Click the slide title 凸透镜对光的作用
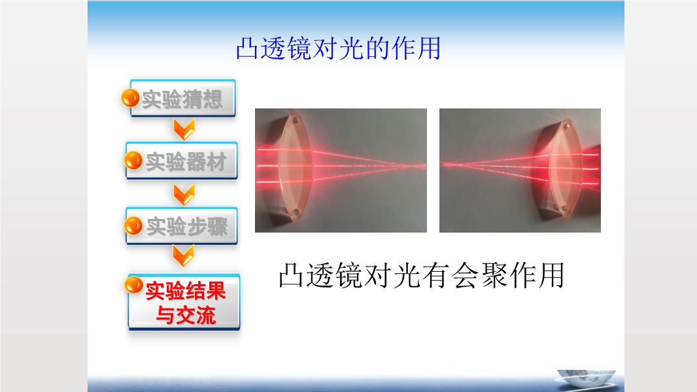338,48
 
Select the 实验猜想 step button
182,98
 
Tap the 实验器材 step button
182,161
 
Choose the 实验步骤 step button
182,226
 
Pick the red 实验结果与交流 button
184,302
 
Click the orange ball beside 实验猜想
130,98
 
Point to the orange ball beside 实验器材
133,160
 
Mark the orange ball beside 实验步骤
133,225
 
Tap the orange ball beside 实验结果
133,285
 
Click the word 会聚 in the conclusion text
479,275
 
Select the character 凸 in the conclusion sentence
291,275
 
